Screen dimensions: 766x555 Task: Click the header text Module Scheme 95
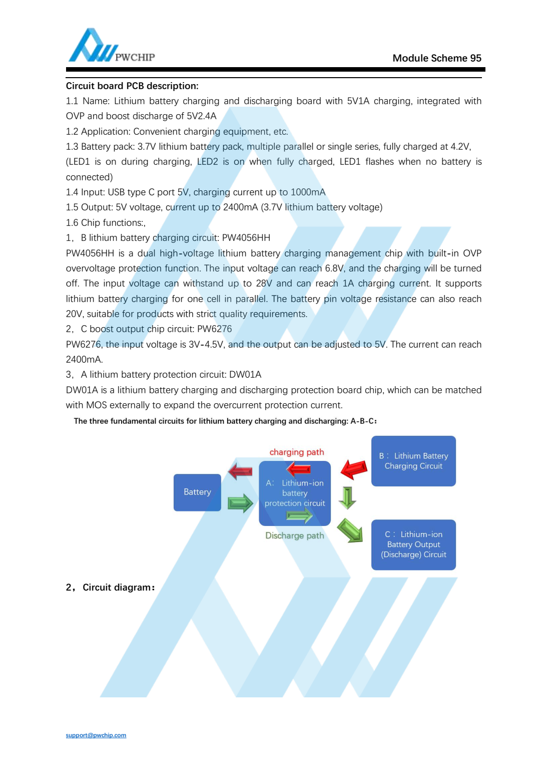(x=436, y=58)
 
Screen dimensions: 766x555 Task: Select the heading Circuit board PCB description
(x=132, y=86)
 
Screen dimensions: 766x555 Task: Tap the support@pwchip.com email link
(x=96, y=735)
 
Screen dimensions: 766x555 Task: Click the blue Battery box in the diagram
(x=197, y=492)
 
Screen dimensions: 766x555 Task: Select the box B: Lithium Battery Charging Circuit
(x=413, y=461)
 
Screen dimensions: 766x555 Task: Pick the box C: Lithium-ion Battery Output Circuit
(x=413, y=545)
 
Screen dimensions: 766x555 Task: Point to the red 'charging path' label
(x=297, y=452)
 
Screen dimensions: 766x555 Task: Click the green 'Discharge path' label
(x=294, y=536)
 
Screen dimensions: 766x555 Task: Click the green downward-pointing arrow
(x=347, y=497)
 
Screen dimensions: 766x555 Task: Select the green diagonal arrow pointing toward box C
(x=350, y=530)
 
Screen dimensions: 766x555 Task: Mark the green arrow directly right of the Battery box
(x=240, y=503)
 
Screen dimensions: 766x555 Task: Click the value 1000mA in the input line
(x=308, y=192)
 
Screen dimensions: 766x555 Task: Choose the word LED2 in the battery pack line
(x=207, y=162)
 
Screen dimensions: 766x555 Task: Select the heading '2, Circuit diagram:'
(x=110, y=587)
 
